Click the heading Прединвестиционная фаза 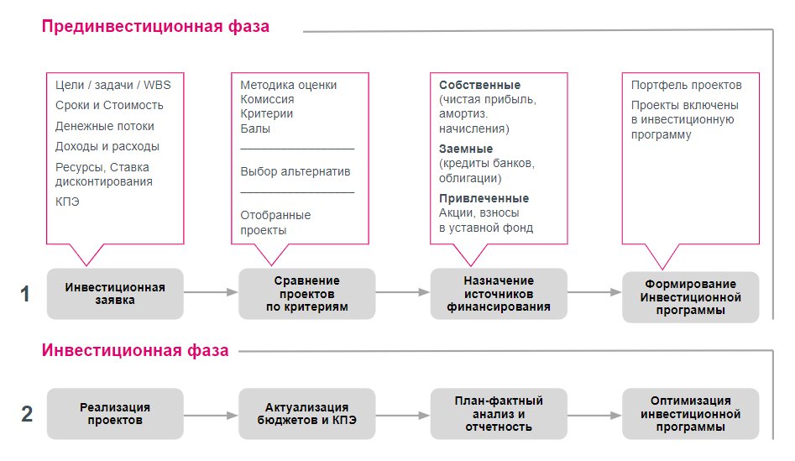(x=155, y=26)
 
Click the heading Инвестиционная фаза (x=135, y=350)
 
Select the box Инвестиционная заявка (x=115, y=294)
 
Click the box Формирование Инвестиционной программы (x=690, y=297)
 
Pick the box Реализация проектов (x=115, y=414)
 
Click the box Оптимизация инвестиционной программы (x=690, y=414)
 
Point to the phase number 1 (x=26, y=294)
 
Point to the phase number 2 (x=26, y=414)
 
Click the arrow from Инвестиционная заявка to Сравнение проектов (x=211, y=293)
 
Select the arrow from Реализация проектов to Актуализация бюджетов (x=211, y=415)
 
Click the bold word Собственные (x=479, y=86)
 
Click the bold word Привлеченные (x=484, y=198)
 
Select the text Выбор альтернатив (x=295, y=171)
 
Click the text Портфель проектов (x=686, y=86)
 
